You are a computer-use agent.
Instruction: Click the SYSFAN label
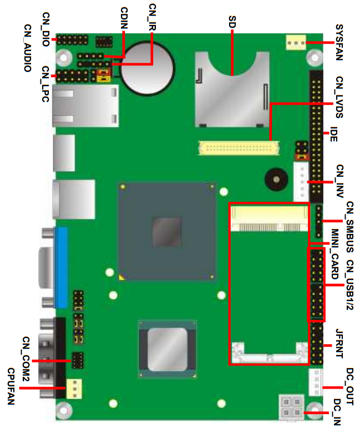coord(339,43)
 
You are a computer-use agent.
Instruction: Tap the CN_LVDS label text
coord(339,97)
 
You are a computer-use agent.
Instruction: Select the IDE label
coord(334,134)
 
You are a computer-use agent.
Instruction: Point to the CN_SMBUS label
coord(349,227)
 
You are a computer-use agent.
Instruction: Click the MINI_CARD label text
coord(335,254)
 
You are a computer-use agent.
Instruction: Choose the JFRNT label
coord(339,343)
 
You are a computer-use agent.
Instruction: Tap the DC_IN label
coord(337,412)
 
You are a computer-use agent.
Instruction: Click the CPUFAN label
coord(11,386)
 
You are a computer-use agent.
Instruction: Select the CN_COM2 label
coord(26,359)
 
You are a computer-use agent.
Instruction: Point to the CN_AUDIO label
coord(27,48)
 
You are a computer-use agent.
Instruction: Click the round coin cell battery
coord(148,68)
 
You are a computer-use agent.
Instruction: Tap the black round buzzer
coord(276,180)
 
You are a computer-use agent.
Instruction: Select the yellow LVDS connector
coord(239,148)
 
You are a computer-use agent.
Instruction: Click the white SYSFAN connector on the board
coord(296,43)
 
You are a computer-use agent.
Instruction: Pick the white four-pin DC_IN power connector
coord(291,407)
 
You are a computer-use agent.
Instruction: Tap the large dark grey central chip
coord(167,232)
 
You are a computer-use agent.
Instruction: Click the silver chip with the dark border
coord(167,349)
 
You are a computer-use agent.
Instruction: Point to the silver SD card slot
coord(232,89)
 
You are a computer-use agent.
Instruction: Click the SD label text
coord(232,22)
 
